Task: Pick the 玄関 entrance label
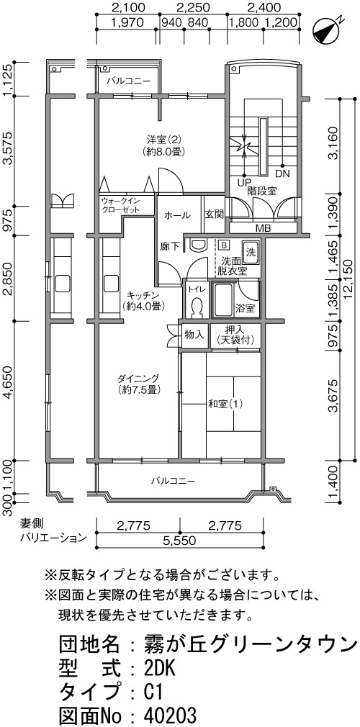tap(215, 215)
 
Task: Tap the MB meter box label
tap(263, 229)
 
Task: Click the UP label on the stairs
tap(245, 182)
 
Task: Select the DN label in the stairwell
tap(282, 174)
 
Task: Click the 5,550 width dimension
tap(179, 540)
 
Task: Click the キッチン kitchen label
tap(143, 295)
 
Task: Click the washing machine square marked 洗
tap(250, 253)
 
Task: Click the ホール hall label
tap(176, 215)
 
